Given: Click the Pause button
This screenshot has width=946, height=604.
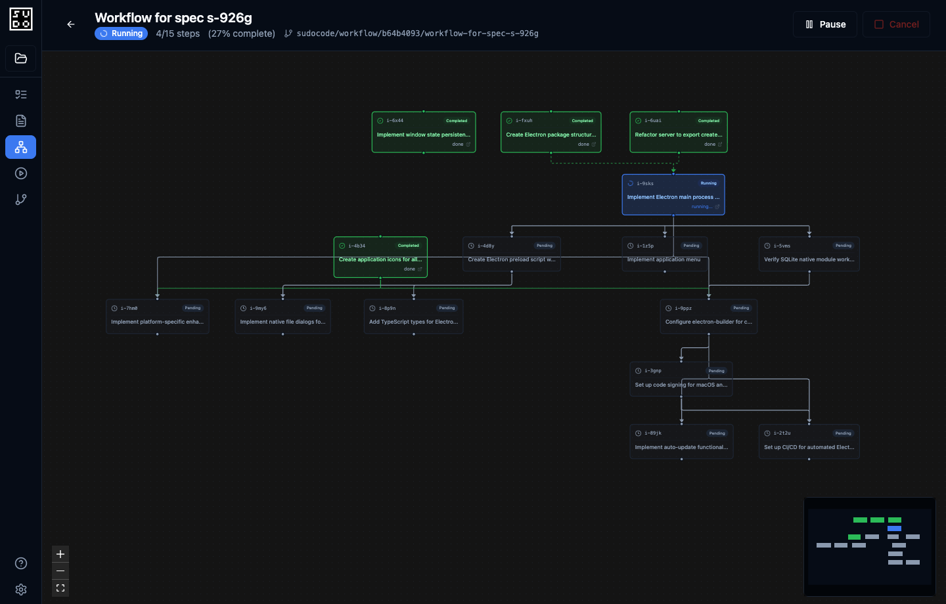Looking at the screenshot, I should coord(824,24).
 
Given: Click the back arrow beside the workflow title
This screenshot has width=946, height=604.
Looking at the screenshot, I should coord(71,24).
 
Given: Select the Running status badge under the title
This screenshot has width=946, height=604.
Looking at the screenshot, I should coord(121,33).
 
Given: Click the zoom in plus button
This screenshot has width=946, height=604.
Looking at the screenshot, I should coord(60,554).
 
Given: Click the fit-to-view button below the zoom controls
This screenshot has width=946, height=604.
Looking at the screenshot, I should coord(60,588).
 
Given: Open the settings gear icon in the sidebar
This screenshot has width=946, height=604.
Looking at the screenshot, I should coord(21,590).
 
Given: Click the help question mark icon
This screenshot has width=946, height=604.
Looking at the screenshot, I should coord(21,563).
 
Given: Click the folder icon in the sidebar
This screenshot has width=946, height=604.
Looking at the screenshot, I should coord(21,58).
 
